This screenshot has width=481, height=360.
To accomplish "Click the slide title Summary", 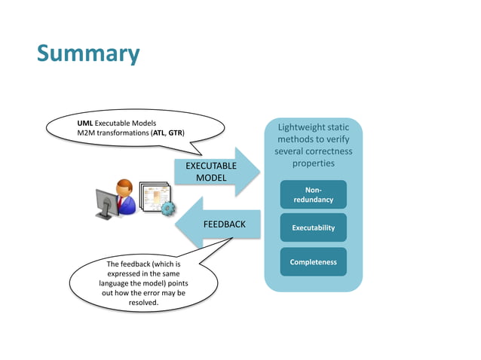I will click(88, 54).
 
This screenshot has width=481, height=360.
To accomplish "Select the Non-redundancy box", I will click(313, 195).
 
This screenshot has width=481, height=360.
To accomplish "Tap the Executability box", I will click(313, 227).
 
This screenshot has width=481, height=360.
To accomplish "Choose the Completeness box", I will click(313, 262).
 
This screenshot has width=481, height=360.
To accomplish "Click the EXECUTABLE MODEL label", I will click(211, 171).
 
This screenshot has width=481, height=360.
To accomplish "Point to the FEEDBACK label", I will click(224, 224).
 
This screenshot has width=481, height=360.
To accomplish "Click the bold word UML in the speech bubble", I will click(84, 122).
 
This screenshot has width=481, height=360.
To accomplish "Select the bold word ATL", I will click(159, 133).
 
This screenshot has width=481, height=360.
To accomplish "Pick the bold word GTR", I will click(176, 133).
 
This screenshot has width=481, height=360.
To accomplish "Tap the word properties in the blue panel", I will click(313, 163).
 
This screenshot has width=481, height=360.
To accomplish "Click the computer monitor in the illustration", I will click(105, 201).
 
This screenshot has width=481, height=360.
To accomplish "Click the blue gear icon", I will click(169, 209).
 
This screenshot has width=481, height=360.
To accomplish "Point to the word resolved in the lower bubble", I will click(143, 302).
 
